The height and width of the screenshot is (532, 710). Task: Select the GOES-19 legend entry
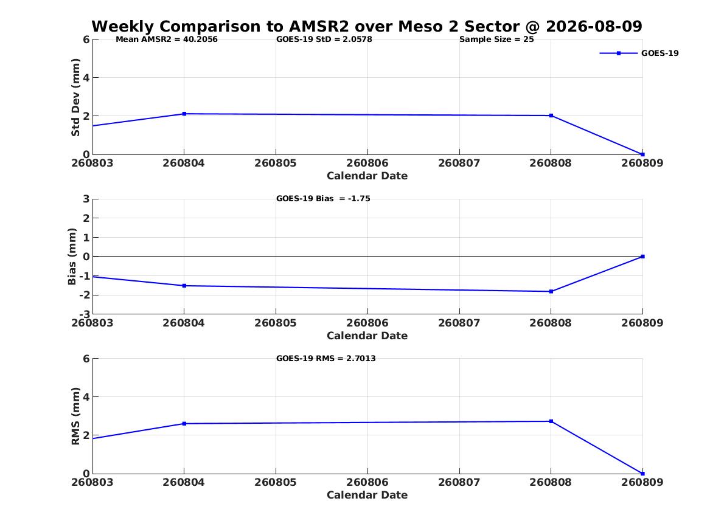pos(639,53)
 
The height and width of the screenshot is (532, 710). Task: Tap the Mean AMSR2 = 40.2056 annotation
pos(167,40)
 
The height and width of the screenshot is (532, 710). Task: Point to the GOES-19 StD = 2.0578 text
pos(324,40)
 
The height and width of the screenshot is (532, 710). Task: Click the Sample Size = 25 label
pos(496,40)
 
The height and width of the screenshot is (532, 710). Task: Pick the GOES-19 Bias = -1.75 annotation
pos(323,199)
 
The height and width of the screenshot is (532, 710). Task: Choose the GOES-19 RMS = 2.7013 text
pos(326,358)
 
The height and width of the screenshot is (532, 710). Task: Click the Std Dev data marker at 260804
pos(184,114)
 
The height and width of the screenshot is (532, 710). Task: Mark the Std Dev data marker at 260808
pos(551,116)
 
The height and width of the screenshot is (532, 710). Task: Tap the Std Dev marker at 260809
pos(642,154)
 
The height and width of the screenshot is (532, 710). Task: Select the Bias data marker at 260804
pos(184,285)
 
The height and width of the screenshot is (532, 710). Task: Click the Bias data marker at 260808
pos(551,291)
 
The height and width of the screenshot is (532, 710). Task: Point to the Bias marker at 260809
pos(642,257)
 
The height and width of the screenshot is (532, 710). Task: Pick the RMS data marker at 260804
pos(184,423)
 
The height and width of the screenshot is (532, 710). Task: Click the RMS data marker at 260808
pos(551,421)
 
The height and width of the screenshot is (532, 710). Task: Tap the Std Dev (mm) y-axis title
pos(75,97)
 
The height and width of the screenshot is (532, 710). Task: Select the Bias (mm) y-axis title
pos(72,257)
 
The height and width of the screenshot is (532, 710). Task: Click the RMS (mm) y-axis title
pos(75,416)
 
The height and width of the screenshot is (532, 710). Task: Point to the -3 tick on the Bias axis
pos(84,314)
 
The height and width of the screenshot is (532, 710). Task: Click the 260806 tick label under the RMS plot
pos(367,482)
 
